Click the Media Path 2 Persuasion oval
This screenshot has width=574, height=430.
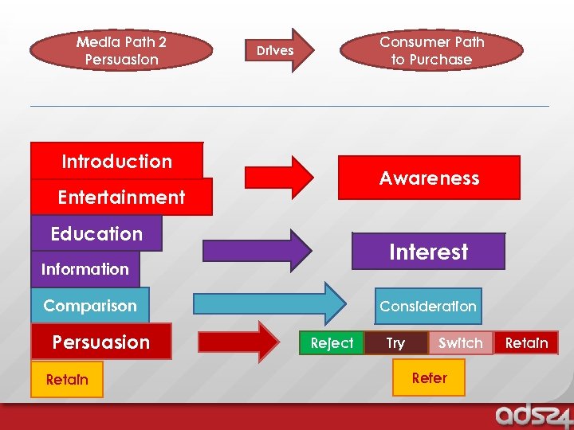(x=121, y=50)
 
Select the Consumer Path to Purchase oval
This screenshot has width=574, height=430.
(x=431, y=50)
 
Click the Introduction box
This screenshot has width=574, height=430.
(x=116, y=161)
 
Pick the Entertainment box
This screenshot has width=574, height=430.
(x=121, y=197)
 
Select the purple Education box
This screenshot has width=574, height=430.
(x=96, y=233)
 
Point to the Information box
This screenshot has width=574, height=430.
(x=85, y=269)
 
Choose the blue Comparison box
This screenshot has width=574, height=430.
(x=90, y=306)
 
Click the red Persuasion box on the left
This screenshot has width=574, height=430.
(x=101, y=342)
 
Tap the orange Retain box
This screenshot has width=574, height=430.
(x=67, y=379)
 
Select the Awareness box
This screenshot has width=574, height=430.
(x=429, y=178)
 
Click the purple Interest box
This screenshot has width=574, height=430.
(x=428, y=252)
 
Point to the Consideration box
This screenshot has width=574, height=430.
(x=428, y=307)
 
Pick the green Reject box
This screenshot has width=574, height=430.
(x=332, y=343)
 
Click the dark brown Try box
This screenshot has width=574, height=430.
(x=395, y=343)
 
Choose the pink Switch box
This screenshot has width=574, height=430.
(x=460, y=343)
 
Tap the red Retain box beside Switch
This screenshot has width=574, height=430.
(x=526, y=343)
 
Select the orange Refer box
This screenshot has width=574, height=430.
(x=429, y=377)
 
